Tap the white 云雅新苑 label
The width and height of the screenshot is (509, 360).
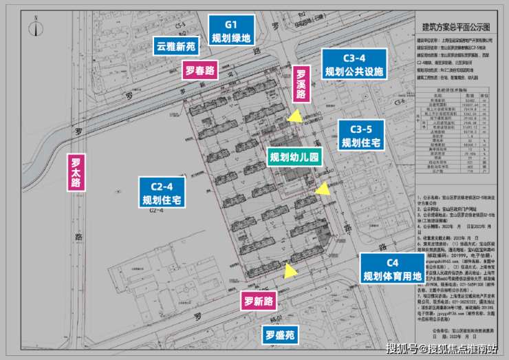pos(176,48)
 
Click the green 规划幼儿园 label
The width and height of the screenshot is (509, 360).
pos(294,157)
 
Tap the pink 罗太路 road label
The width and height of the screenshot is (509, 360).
pos(76,173)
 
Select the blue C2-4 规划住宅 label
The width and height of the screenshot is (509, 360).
pos(160,193)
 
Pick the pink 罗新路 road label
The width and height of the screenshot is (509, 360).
pos(258,301)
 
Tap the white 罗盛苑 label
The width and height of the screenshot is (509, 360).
pos(281,337)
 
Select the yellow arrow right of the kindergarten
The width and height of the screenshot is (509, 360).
pos(322,189)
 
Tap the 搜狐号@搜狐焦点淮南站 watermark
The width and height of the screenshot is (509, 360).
pos(441,348)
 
